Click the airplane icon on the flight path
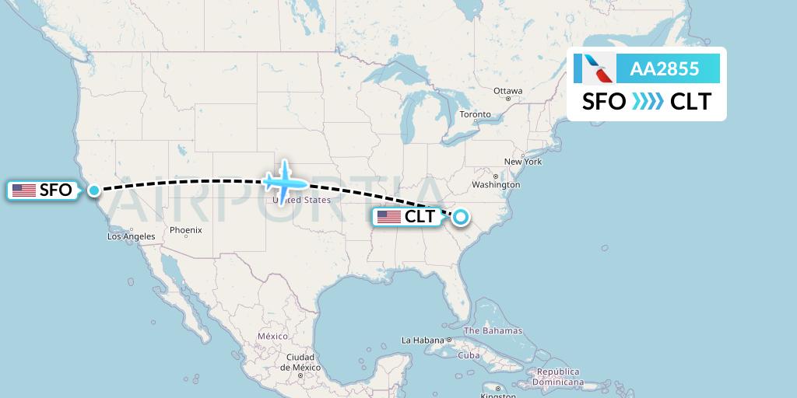(285, 180)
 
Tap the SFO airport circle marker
(94, 190)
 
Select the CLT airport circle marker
(461, 217)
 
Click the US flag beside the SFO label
(24, 190)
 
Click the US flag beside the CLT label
(389, 217)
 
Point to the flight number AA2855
(664, 69)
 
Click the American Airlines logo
(593, 69)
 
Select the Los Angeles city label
(131, 236)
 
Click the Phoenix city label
(186, 230)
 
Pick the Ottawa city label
(507, 91)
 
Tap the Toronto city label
(475, 114)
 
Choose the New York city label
(523, 162)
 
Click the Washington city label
(495, 185)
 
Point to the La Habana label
(421, 340)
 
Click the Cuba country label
(469, 355)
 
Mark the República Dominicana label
(558, 377)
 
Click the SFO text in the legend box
(604, 102)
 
